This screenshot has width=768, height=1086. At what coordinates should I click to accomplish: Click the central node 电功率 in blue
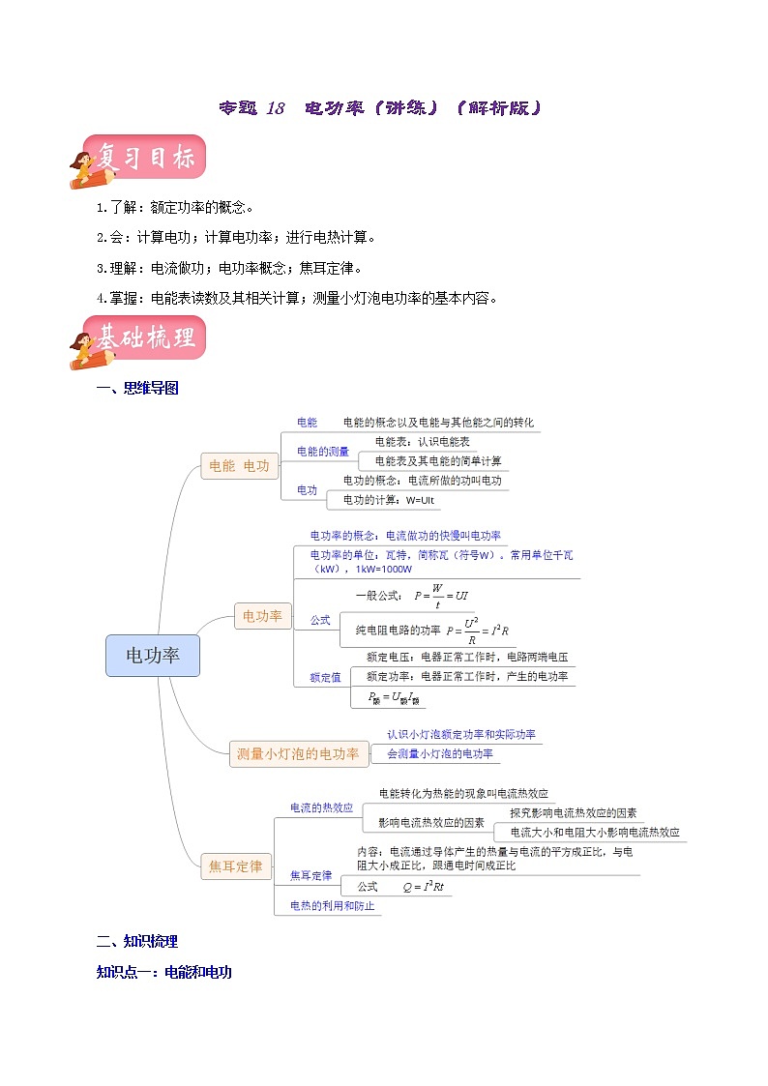[x=153, y=656]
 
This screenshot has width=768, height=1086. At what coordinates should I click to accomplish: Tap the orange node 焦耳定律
[x=236, y=866]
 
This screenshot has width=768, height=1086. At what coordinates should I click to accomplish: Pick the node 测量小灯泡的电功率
[x=298, y=753]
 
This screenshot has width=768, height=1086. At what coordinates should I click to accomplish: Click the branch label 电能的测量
[x=323, y=452]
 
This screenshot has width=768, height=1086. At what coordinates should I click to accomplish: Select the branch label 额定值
[x=325, y=677]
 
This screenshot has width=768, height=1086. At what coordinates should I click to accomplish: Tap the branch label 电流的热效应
[x=321, y=807]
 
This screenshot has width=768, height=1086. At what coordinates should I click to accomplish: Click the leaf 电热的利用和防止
[x=332, y=907]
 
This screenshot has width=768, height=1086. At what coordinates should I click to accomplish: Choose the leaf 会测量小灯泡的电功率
[x=440, y=753]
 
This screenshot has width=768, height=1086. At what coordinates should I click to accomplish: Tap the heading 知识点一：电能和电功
[x=164, y=972]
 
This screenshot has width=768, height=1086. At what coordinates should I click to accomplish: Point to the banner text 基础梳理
[x=145, y=338]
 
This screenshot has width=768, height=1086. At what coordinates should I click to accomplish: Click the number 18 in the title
[x=275, y=108]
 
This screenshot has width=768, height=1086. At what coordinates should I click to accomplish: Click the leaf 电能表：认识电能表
[x=423, y=441]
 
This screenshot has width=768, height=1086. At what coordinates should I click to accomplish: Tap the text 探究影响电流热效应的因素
[x=574, y=813]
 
